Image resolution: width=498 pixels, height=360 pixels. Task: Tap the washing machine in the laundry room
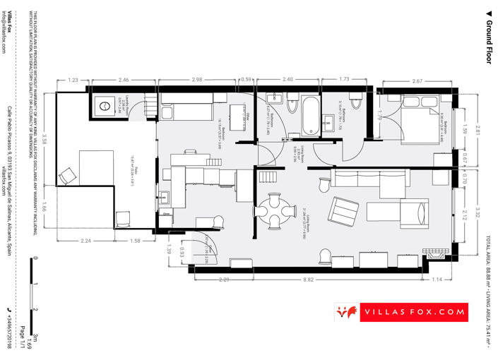104,106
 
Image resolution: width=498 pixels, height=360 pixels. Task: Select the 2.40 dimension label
287,80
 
